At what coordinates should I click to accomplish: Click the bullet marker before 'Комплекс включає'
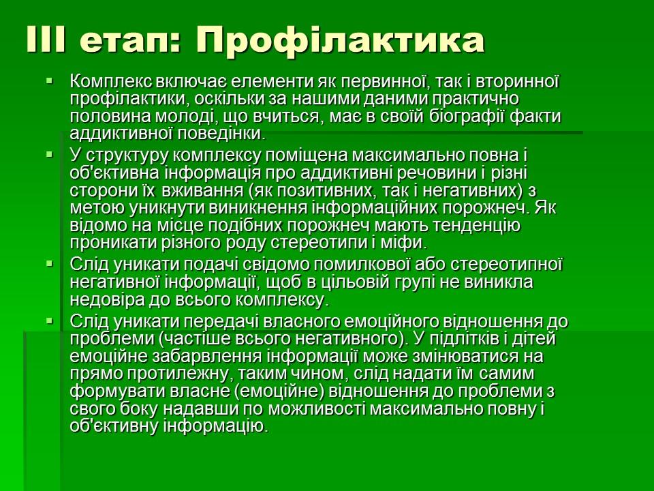point(49,82)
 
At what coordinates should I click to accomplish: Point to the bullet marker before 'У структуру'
point(49,155)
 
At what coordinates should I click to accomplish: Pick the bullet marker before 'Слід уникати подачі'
point(49,263)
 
